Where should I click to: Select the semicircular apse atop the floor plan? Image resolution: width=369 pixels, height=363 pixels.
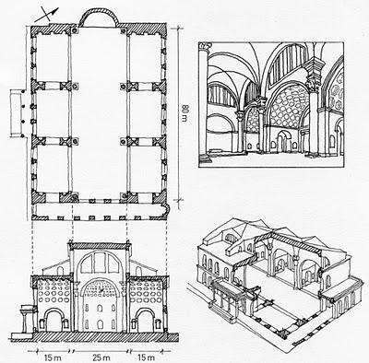[x=100, y=18]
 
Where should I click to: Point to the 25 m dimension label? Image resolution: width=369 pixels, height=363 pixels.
[x=101, y=351]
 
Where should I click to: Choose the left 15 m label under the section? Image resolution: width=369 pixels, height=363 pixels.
[x=48, y=351]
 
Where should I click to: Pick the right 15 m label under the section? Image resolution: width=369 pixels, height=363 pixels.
[x=150, y=351]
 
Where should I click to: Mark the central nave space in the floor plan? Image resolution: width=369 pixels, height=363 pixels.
[x=100, y=120]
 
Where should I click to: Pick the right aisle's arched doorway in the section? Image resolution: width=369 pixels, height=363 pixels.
[x=148, y=317]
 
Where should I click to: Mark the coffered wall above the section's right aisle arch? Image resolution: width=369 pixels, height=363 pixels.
[x=148, y=290]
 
